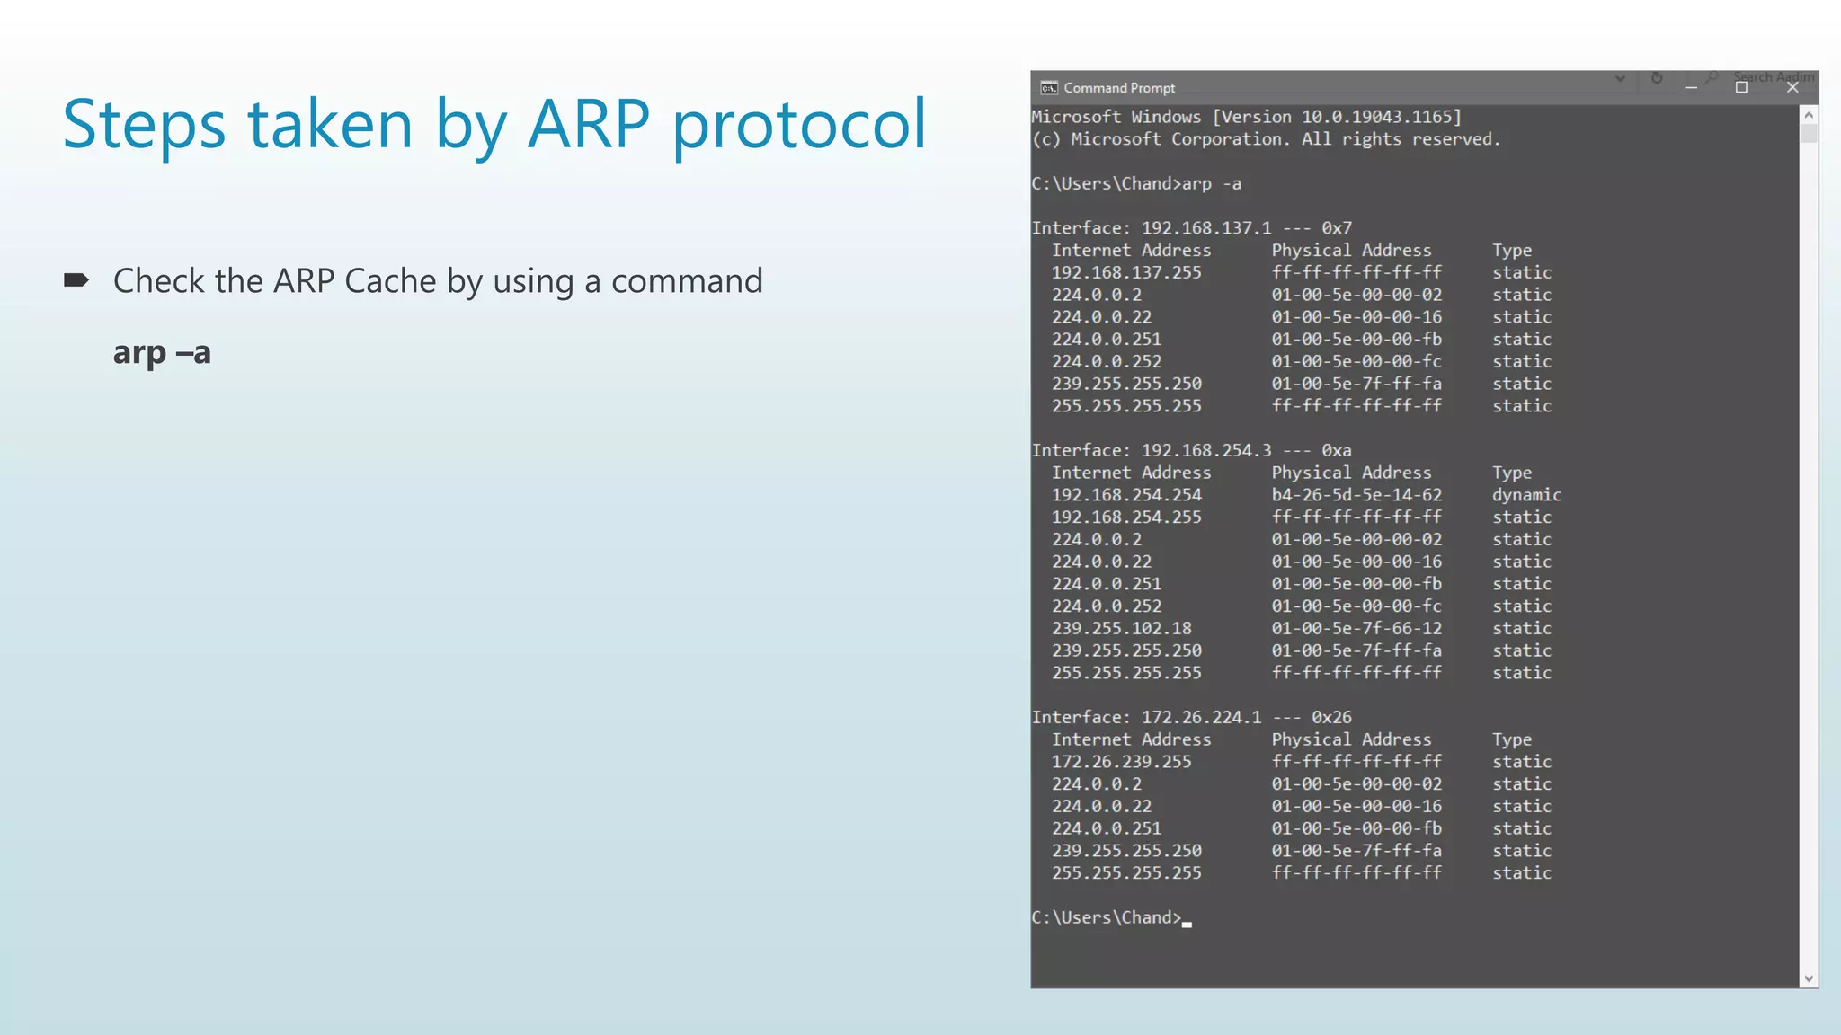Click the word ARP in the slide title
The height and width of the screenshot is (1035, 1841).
point(589,124)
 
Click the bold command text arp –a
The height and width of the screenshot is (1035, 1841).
point(162,352)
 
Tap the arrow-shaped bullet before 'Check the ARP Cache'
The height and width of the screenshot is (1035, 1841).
point(76,280)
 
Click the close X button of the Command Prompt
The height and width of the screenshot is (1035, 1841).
point(1792,88)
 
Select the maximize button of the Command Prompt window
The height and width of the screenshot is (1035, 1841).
point(1741,88)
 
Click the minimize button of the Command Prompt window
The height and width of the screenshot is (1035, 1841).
point(1691,88)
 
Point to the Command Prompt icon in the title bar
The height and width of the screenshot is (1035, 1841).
point(1048,88)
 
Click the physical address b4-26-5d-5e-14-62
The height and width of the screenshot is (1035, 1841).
point(1356,495)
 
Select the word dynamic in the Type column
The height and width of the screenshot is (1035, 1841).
point(1526,495)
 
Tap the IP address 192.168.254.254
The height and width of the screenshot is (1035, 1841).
point(1126,495)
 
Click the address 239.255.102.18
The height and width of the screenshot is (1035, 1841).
point(1121,628)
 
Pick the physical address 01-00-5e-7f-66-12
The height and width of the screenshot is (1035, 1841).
point(1356,628)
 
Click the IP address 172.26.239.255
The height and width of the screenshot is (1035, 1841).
point(1121,762)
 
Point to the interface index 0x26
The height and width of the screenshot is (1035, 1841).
point(1331,717)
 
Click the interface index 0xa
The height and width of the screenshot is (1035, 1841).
point(1336,450)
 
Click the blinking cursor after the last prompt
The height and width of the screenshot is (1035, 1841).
point(1187,923)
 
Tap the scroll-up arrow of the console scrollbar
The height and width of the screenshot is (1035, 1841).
point(1809,115)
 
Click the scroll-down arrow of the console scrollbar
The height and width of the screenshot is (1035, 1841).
point(1809,978)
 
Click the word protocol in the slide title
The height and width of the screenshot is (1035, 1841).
point(799,124)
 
